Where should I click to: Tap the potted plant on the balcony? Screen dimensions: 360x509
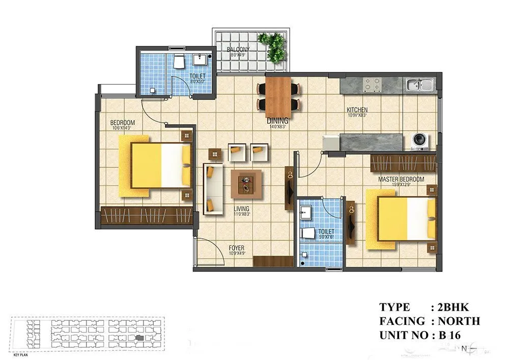[272, 47]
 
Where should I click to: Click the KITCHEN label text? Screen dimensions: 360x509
[357, 110]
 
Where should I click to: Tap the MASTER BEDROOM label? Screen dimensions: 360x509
[401, 180]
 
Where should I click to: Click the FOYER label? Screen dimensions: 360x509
[236, 248]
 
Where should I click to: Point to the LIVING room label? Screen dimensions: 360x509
[241, 209]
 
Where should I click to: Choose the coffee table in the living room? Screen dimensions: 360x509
[247, 183]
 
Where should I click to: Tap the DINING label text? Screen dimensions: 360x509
[277, 121]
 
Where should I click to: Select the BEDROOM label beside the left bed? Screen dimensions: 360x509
[123, 123]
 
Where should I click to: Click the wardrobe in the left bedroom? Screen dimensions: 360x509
[146, 215]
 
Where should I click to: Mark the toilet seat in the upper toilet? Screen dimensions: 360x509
[179, 63]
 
